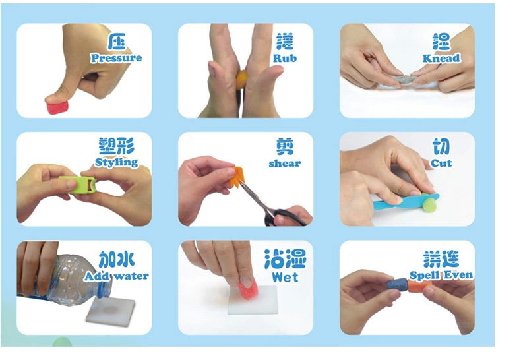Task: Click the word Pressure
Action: tap(116, 58)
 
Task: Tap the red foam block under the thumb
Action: tap(58, 107)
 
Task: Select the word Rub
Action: tap(285, 58)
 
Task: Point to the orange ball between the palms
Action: tap(242, 79)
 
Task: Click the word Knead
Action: tap(441, 59)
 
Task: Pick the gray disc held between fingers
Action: tap(406, 80)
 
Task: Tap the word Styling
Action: tap(116, 162)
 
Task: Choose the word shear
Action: tap(285, 164)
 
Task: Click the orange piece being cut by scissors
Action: tap(239, 177)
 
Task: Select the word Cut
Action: tap(441, 163)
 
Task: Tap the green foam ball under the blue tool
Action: tap(431, 204)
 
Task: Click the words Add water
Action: tap(116, 276)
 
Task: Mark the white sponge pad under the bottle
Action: tap(111, 311)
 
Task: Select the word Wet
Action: tap(285, 277)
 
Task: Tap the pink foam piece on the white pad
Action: tap(249, 289)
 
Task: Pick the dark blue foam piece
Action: tap(398, 285)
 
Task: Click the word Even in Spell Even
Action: tap(458, 276)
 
